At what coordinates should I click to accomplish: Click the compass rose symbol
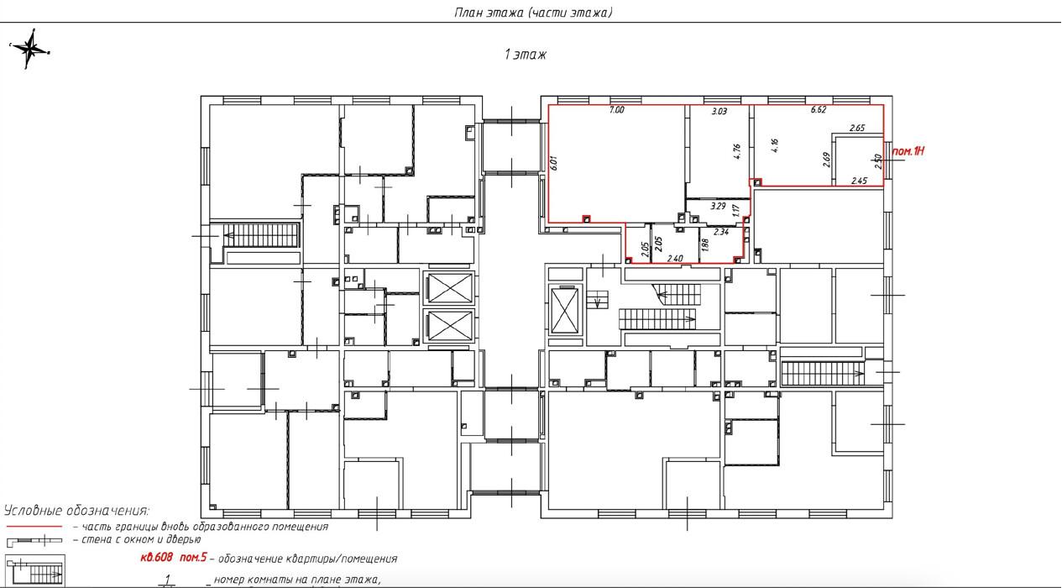30,49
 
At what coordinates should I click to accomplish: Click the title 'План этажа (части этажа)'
533,13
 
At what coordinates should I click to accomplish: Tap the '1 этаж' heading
526,55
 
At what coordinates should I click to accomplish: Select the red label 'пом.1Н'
908,152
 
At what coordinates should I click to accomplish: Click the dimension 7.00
616,110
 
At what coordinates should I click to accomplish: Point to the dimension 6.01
554,163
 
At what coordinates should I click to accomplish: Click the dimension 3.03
719,112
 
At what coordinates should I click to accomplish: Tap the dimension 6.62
819,109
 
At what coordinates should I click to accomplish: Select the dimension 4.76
737,151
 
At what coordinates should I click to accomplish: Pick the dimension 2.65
857,128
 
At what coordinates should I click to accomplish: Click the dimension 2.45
859,181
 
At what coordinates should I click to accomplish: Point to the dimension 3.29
718,207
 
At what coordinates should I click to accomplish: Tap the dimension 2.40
675,259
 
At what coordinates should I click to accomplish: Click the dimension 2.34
721,232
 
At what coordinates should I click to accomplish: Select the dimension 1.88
705,244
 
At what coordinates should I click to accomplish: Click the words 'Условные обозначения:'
76,511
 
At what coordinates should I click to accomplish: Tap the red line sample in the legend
34,527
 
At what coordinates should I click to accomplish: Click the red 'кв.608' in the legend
156,557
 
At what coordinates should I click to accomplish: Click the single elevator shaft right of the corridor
565,311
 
